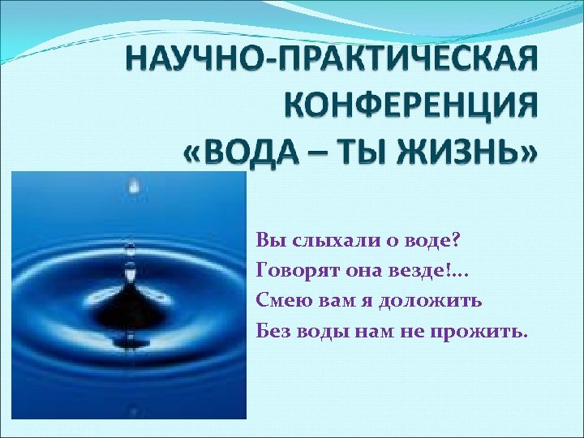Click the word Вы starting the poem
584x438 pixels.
[267, 241]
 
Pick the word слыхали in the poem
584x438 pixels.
[320, 241]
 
